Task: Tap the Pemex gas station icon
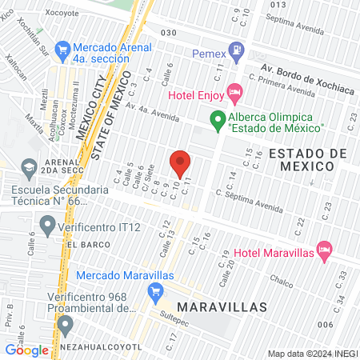tap(236, 54)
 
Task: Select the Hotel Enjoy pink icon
tap(234, 94)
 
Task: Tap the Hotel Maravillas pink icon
tap(324, 250)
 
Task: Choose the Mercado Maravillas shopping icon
tap(156, 293)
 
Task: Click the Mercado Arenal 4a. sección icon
tap(58, 48)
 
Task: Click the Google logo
tap(26, 350)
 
